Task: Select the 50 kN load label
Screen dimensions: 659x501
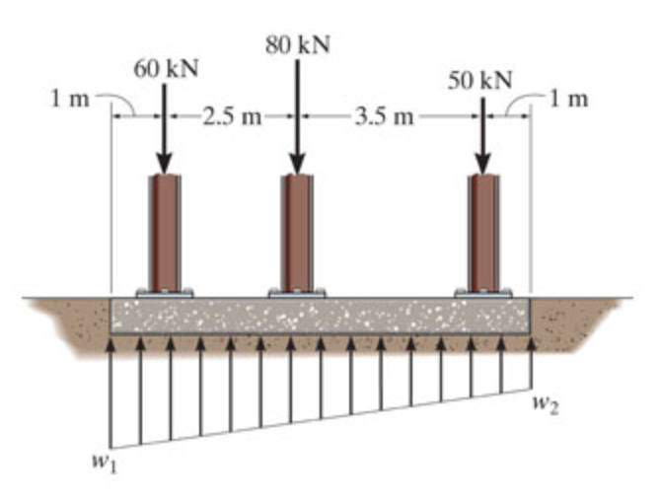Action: coord(479,80)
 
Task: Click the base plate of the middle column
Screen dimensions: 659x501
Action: coord(297,294)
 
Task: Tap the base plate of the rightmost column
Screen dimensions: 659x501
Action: coord(482,294)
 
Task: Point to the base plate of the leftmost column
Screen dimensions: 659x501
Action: coord(165,294)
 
